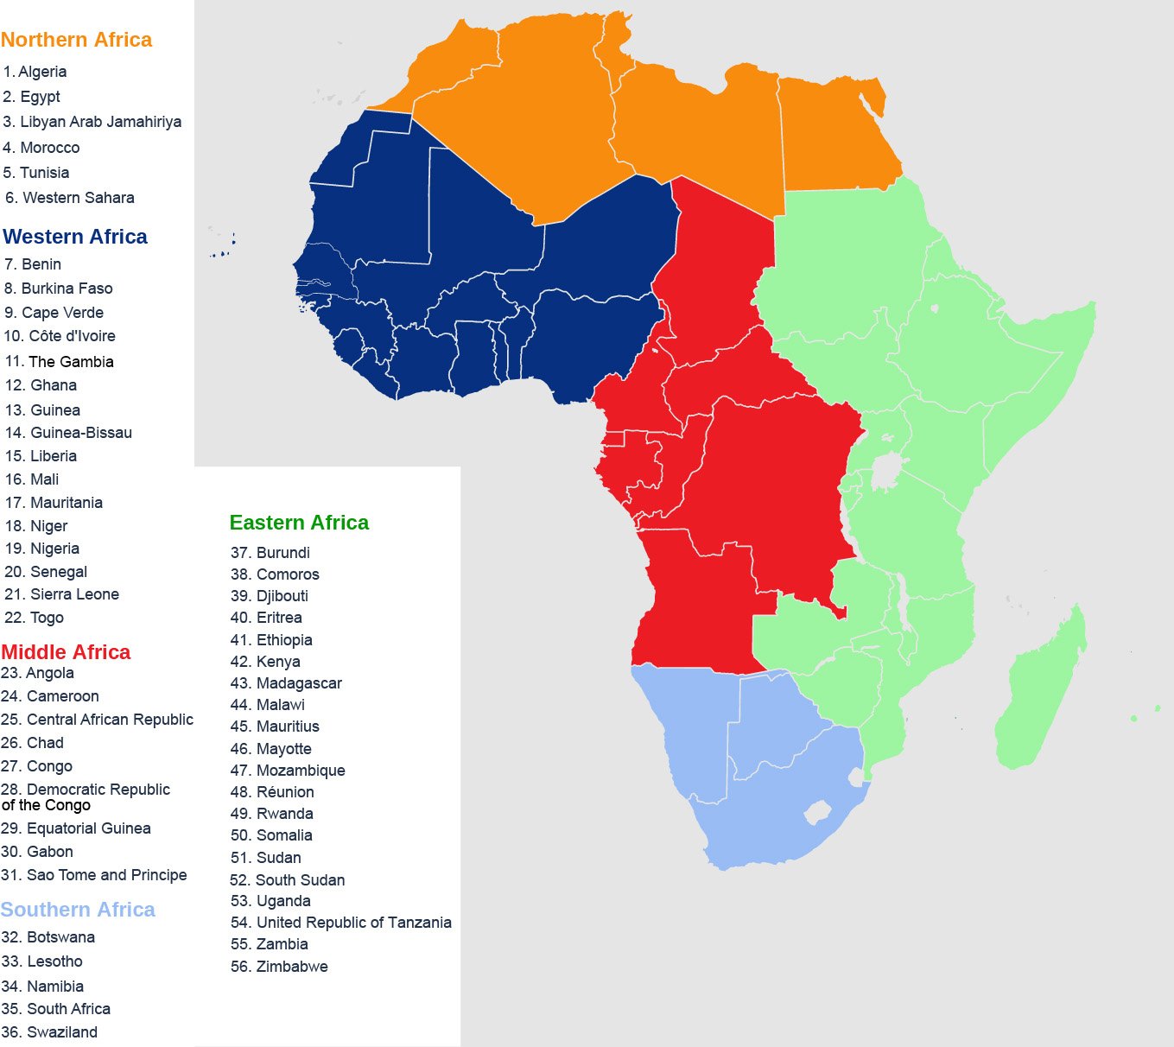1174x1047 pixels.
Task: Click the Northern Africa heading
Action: [x=76, y=40]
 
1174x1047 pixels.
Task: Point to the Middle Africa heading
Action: [x=66, y=652]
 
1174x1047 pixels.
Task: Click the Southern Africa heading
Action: [x=78, y=910]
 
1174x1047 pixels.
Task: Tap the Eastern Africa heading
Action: [x=299, y=523]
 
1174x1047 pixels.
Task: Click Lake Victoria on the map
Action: [x=885, y=472]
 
